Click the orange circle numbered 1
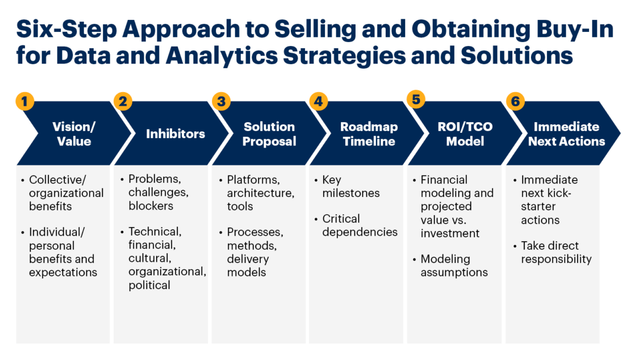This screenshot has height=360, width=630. point(24,101)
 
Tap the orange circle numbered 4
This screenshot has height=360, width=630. point(319,101)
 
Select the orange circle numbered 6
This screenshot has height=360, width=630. point(515,101)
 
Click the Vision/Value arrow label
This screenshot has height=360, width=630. point(74,134)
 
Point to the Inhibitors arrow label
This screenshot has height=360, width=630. point(176,134)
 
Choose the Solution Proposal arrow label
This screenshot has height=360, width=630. point(269,134)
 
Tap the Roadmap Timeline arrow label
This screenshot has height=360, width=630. point(369,134)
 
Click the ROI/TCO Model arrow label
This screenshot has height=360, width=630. point(465,134)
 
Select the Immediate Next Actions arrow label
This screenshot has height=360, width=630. point(566,134)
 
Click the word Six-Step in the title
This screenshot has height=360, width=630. point(66,30)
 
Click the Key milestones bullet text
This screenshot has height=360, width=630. point(351,186)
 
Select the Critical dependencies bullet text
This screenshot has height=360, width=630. point(360,225)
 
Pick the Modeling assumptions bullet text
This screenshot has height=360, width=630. point(454,266)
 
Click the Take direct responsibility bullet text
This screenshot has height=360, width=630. point(556,252)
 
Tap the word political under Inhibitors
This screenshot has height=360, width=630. point(149,285)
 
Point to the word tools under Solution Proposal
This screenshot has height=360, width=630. point(240,207)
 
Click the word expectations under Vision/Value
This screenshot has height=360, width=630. point(63,273)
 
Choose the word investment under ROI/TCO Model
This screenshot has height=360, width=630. point(450,233)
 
